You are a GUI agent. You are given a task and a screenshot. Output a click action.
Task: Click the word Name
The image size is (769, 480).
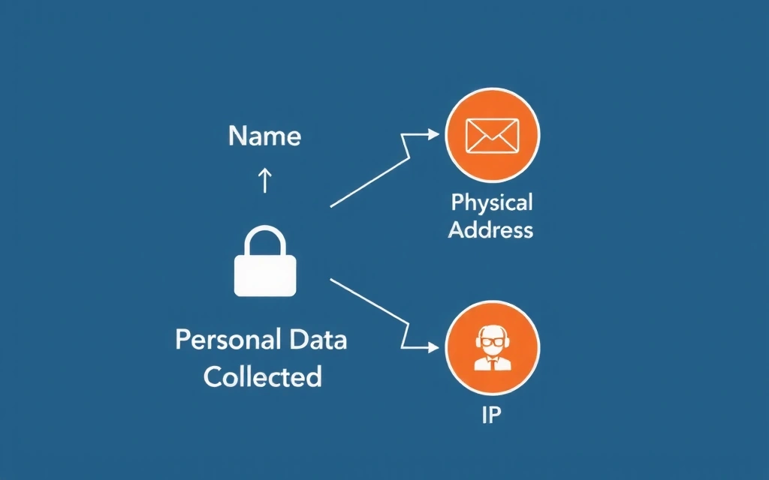(264, 136)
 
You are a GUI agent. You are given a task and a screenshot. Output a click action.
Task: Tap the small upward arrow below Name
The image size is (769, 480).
(264, 180)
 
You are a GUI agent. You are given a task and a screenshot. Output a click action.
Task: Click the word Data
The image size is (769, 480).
(318, 340)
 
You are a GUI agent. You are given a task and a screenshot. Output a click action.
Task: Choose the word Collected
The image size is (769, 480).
(262, 376)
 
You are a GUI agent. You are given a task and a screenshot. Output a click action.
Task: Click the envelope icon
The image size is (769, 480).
(492, 136)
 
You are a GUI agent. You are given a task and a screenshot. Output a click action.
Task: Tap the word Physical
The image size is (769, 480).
(492, 202)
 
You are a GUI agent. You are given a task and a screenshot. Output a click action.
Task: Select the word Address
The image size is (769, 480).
(491, 229)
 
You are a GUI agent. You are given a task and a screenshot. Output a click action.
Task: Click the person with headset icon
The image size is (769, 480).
(492, 349)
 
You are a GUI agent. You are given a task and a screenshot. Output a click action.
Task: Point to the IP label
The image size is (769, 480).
(491, 415)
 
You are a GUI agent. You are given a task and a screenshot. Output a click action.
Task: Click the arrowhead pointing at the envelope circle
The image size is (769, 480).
(433, 135)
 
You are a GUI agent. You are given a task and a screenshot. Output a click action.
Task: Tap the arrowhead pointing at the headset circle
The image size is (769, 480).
(433, 347)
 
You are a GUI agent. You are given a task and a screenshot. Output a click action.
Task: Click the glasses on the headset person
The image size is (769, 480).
(492, 343)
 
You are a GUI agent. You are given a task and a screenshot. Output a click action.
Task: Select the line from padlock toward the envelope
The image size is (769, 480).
(368, 182)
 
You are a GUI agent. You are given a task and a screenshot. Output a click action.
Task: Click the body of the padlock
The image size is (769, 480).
(265, 274)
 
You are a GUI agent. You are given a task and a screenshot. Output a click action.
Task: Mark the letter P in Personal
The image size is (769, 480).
(183, 340)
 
